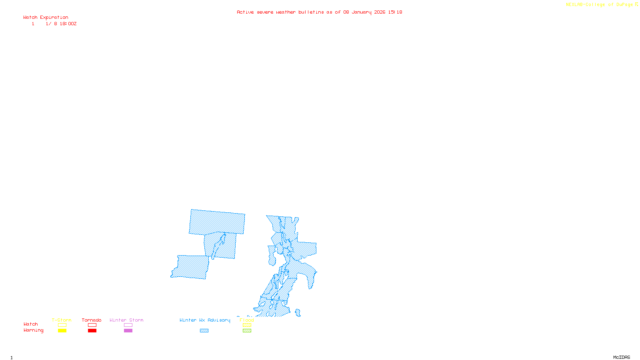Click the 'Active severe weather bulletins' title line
click(x=319, y=12)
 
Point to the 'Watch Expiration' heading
click(x=46, y=17)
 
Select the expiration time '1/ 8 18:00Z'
click(x=61, y=24)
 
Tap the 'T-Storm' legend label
click(x=62, y=320)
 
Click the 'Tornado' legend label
click(x=92, y=320)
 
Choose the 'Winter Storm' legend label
click(x=126, y=320)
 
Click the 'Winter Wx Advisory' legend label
click(x=205, y=320)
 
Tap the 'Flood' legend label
click(x=247, y=320)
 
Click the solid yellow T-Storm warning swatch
click(x=62, y=330)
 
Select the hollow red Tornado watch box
click(x=92, y=325)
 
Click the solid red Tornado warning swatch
click(x=92, y=330)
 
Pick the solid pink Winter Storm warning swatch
click(x=128, y=330)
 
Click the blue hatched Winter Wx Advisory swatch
click(x=204, y=330)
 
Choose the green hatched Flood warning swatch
click(x=247, y=330)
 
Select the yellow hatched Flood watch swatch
click(x=247, y=325)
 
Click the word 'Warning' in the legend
click(x=33, y=330)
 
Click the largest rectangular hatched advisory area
click(x=217, y=222)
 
